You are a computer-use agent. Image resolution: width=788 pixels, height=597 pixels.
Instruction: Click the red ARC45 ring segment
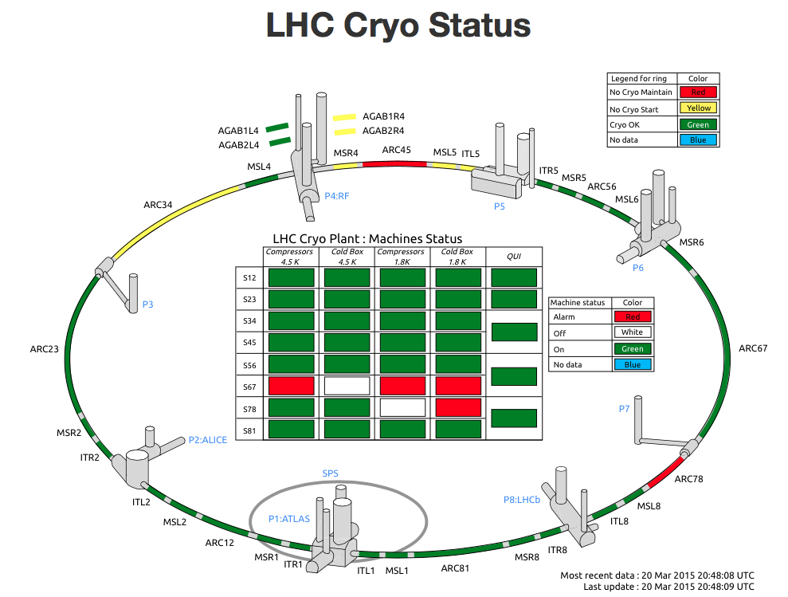coord(395,163)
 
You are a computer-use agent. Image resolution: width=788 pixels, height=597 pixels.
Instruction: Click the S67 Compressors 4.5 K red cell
coord(292,386)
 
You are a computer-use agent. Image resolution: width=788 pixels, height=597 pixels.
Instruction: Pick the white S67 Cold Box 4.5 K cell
coord(347,386)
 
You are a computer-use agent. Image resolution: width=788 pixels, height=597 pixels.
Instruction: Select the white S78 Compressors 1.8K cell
coord(402,407)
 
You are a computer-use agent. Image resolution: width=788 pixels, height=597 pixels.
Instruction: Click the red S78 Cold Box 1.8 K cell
coord(458,407)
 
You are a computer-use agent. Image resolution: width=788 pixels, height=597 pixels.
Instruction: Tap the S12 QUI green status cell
coord(514,277)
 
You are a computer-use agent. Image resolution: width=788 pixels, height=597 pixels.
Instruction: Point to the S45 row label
coord(249,343)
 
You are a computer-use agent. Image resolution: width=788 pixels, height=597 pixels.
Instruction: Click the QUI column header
coord(514,257)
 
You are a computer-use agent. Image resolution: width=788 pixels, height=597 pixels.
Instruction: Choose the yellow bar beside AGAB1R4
coord(344,118)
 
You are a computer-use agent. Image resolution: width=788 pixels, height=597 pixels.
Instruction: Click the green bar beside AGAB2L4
coord(280,142)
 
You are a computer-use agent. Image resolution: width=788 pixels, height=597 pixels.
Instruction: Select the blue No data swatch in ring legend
coord(698,139)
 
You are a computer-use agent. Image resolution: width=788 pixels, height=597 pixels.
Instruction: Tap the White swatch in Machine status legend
coord(632,332)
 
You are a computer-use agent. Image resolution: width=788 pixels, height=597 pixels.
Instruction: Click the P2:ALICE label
coord(207,440)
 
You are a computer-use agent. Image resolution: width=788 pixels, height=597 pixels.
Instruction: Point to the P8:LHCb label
coord(522,500)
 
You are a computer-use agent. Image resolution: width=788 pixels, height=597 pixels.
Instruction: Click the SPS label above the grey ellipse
coord(330,473)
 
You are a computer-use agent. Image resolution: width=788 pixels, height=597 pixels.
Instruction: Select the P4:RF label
coord(337,196)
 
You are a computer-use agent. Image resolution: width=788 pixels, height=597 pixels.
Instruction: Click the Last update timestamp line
coord(669,587)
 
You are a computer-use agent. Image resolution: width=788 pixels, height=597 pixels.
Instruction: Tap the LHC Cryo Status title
coord(398,26)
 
